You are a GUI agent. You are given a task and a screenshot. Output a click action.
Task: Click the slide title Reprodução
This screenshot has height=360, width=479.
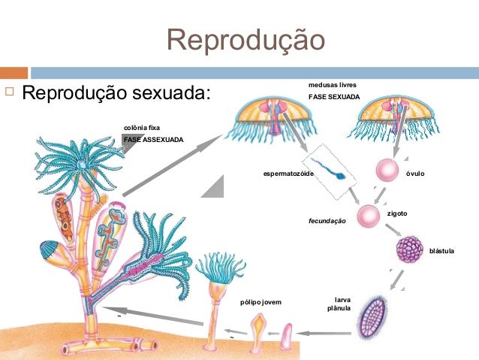click(246, 40)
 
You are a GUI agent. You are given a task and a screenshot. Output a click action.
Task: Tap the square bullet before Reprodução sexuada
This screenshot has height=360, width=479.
click(9, 93)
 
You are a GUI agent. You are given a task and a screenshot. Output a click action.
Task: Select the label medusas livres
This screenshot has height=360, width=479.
click(332, 86)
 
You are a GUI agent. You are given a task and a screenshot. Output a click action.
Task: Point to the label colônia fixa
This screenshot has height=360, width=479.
click(142, 128)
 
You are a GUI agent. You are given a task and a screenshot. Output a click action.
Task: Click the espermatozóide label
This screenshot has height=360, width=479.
click(288, 174)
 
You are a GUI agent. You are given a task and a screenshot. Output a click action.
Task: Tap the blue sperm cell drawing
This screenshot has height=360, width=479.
click(330, 170)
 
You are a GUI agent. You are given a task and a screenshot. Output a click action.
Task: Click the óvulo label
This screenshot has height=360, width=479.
click(415, 174)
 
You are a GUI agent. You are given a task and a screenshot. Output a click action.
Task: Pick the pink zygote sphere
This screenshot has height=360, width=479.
click(369, 216)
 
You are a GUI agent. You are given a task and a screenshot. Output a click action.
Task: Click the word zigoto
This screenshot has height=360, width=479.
click(397, 213)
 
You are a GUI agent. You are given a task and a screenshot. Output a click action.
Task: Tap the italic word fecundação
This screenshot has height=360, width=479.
click(327, 222)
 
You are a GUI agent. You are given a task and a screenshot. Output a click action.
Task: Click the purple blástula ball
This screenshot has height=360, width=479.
click(410, 249)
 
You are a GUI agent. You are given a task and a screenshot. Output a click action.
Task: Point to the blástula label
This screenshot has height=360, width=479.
click(442, 250)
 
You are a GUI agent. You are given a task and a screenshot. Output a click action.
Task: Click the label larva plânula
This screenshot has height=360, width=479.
click(336, 304)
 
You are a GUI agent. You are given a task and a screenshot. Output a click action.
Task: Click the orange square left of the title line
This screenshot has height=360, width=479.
click(14, 73)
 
